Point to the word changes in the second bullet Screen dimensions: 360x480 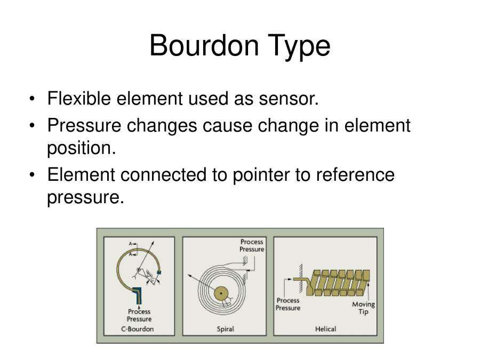[x=163, y=126]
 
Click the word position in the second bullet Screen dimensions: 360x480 [x=81, y=148]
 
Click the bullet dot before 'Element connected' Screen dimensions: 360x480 [x=33, y=174]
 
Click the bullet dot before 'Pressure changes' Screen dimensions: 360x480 [x=33, y=126]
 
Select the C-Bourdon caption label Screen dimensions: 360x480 [x=137, y=329]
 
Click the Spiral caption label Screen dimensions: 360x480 [x=226, y=329]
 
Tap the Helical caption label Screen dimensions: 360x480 [x=325, y=329]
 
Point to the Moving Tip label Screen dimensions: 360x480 [x=363, y=308]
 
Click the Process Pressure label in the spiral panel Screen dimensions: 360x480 [x=252, y=245]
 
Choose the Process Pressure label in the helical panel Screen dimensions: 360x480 [x=288, y=304]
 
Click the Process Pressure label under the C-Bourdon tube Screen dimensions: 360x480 [x=139, y=315]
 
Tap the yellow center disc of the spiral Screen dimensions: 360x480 [x=220, y=293]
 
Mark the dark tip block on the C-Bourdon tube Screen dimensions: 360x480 [x=158, y=274]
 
